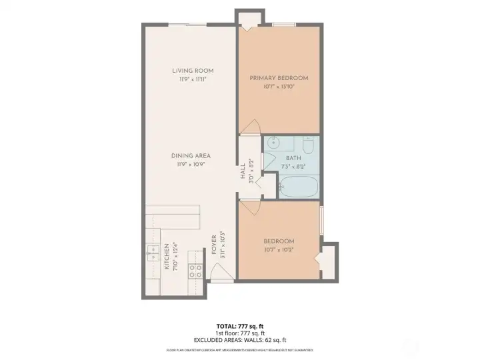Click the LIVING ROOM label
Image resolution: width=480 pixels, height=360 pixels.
(x=192, y=71)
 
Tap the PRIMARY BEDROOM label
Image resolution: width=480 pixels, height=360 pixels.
(x=278, y=78)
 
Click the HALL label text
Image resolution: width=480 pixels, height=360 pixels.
(x=243, y=172)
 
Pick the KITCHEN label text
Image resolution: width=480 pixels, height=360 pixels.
(x=167, y=256)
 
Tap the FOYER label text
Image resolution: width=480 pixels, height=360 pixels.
(x=214, y=245)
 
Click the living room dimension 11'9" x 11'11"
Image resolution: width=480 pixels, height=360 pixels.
(x=192, y=79)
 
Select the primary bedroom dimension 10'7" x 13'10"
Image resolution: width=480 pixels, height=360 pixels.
(x=278, y=87)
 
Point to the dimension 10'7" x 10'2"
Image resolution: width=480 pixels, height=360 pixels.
(x=278, y=249)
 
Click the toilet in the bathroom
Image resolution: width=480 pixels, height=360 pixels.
(x=307, y=145)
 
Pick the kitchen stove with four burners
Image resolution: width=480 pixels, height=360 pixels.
(x=196, y=269)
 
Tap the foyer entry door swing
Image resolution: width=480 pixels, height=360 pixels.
(x=220, y=273)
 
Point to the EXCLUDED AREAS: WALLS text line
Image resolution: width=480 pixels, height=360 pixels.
(x=239, y=339)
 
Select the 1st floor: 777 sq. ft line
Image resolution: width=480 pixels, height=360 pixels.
(x=239, y=333)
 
